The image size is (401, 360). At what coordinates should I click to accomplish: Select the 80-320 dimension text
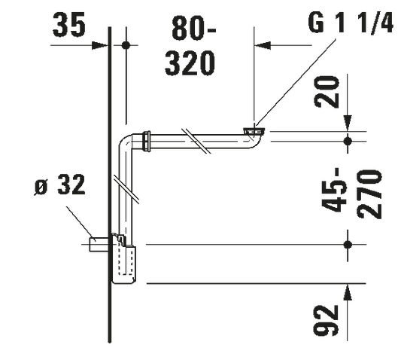tap(190, 46)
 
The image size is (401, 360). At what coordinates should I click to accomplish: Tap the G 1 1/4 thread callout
tap(351, 23)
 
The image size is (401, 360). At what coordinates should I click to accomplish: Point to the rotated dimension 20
tap(327, 92)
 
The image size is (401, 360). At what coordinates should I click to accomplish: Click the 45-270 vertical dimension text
tap(351, 194)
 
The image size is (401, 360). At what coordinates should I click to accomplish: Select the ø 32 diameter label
tap(59, 185)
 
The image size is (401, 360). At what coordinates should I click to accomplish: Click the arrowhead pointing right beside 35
tap(99, 45)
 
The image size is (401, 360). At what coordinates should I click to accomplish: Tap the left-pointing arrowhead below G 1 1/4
tap(263, 45)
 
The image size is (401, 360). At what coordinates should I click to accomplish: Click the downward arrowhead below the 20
tap(348, 124)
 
